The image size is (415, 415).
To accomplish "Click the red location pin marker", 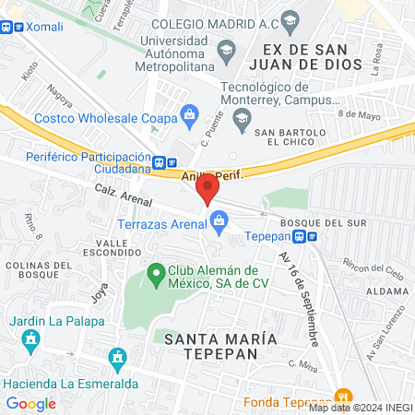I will coord(208,189).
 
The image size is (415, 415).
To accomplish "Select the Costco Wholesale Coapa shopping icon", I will coord(191,114).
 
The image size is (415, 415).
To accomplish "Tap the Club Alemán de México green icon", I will coord(155,275).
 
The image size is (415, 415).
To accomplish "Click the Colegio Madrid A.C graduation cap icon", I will coord(290,20).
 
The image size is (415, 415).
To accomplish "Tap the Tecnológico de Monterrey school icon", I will coord(242,115).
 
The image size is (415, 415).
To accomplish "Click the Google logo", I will coord(30,403).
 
